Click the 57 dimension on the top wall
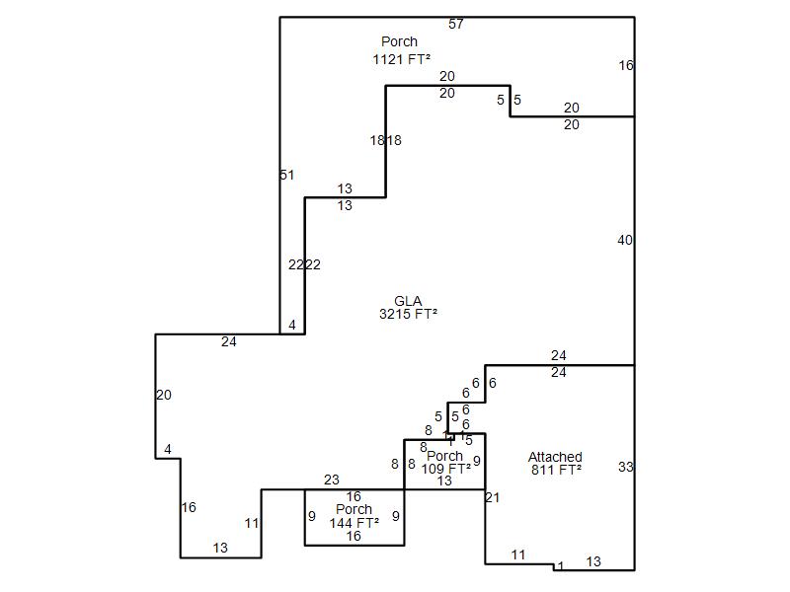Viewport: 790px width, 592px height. click(x=456, y=24)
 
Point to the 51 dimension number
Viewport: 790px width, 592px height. click(x=287, y=176)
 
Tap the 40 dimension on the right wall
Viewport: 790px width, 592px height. click(x=625, y=241)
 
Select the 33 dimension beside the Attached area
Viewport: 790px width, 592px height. click(x=625, y=468)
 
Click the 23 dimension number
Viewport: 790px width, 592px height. click(x=332, y=481)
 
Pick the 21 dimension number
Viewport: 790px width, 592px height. click(x=493, y=498)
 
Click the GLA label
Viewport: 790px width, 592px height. click(x=408, y=301)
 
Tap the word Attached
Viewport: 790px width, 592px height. click(x=555, y=457)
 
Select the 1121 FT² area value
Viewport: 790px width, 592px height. click(x=401, y=59)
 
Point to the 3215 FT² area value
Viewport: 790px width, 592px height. click(x=408, y=315)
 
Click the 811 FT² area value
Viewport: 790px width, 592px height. click(x=555, y=471)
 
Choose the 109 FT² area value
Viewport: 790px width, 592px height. click(x=445, y=470)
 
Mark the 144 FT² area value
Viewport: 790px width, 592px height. click(x=354, y=523)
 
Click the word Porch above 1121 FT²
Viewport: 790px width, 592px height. click(x=399, y=42)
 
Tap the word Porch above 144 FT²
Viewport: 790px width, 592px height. click(x=354, y=510)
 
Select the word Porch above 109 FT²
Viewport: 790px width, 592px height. click(x=444, y=456)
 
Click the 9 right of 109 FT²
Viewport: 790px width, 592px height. click(x=476, y=461)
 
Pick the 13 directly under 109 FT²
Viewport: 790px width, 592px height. click(x=444, y=481)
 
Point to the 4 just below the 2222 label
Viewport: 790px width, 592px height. click(x=292, y=325)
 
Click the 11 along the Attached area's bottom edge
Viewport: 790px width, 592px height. click(x=518, y=555)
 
